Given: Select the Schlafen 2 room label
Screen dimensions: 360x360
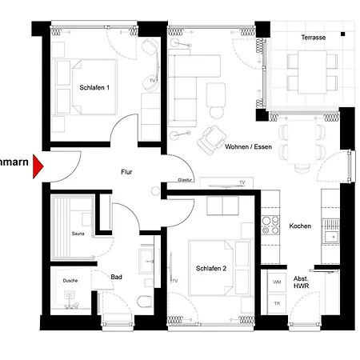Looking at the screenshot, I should click(x=211, y=269).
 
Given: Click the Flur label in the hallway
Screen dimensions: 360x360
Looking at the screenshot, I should click(x=126, y=171).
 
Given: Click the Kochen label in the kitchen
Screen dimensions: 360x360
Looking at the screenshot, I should click(x=300, y=226).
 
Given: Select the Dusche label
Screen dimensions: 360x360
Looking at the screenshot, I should click(x=70, y=281).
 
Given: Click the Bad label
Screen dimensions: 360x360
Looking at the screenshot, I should click(x=117, y=277).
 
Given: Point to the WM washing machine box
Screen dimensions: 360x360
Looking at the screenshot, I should click(x=277, y=282).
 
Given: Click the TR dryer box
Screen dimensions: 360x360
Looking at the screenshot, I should click(x=277, y=305).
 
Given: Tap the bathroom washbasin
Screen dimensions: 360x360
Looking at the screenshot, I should click(x=147, y=260).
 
